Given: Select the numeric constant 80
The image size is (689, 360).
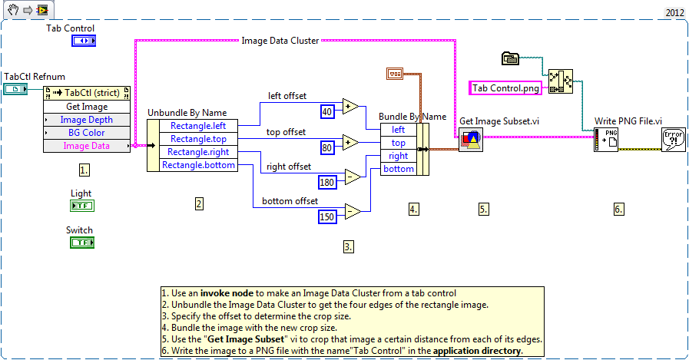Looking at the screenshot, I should click(x=326, y=147).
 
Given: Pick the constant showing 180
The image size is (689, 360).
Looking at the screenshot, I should click(x=328, y=182).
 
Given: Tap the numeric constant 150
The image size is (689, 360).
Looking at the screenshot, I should click(x=328, y=217).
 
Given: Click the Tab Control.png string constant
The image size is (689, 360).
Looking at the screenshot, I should click(x=505, y=88).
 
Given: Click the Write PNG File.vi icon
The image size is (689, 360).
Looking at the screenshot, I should click(x=605, y=140).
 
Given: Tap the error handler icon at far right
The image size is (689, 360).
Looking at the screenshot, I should click(x=673, y=140).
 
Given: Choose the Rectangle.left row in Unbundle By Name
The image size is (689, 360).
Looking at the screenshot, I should click(x=198, y=126).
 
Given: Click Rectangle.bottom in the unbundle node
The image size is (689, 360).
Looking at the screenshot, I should click(x=198, y=165).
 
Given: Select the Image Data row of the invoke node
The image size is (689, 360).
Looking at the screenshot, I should click(x=87, y=145).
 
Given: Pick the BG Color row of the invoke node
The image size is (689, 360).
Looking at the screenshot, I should click(x=87, y=132).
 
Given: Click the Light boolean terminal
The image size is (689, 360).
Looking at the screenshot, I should click(x=81, y=206).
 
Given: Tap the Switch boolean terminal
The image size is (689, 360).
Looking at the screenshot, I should click(x=81, y=243).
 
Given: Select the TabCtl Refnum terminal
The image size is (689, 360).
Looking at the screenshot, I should click(x=15, y=90).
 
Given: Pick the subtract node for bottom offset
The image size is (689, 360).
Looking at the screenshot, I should click(x=352, y=211).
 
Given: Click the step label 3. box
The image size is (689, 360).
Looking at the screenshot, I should click(x=349, y=246).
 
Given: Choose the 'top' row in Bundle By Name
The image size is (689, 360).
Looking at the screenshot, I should click(x=399, y=143).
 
